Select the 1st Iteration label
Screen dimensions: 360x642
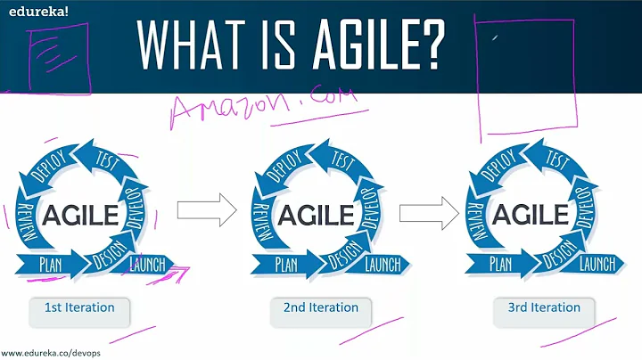[x=79, y=308]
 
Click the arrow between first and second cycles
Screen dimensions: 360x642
[x=206, y=211]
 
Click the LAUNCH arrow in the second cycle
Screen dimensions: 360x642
[x=383, y=263]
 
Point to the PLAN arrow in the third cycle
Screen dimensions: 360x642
[x=500, y=263]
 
